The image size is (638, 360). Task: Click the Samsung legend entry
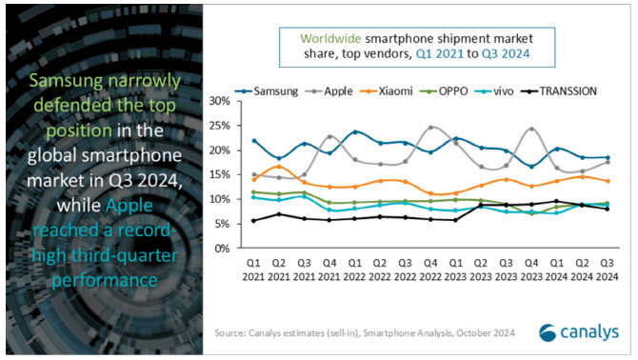267,91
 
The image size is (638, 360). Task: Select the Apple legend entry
329,91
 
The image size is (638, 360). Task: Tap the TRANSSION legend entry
559,91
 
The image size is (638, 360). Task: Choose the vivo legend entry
494,91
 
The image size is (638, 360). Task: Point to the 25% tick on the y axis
220,126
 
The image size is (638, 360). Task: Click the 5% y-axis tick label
222,224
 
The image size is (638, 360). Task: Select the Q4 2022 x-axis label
430,270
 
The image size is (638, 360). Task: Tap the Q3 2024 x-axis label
608,270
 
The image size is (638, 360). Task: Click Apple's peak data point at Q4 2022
431,128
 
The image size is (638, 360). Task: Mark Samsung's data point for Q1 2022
355,131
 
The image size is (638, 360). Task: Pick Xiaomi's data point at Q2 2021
279,167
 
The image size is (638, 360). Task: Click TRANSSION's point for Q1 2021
254,220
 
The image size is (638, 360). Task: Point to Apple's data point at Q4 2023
531,129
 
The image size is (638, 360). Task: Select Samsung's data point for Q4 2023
531,167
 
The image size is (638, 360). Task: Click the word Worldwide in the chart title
330,39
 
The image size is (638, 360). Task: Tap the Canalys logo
579,332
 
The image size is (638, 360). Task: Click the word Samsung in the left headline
66,81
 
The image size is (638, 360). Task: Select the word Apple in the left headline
129,206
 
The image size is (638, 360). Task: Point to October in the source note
473,332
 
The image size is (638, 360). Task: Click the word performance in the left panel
105,281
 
